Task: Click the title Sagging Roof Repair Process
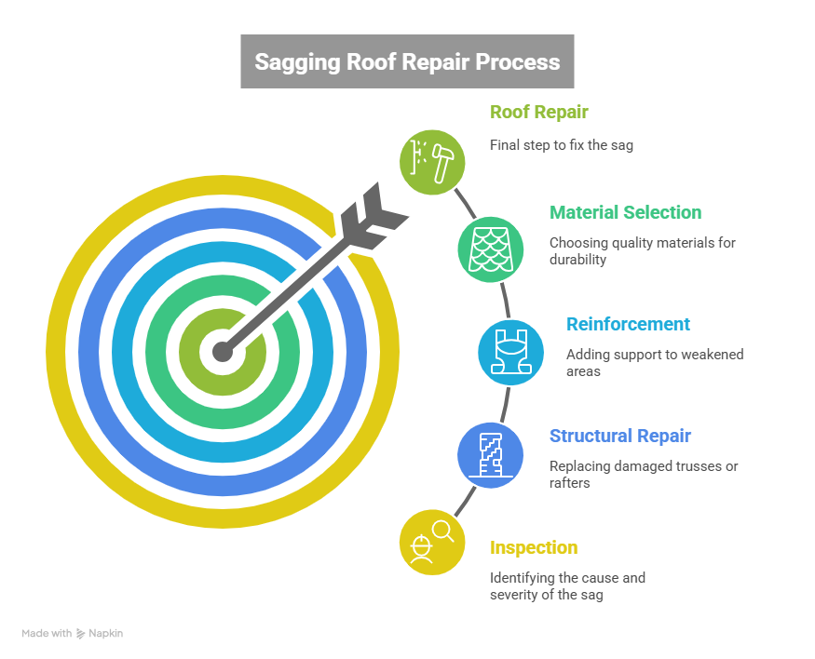tap(407, 62)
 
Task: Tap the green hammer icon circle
tap(432, 162)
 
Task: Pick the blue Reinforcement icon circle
tap(510, 352)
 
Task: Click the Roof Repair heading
tap(538, 113)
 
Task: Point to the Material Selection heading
tap(625, 213)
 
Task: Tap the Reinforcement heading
tap(628, 325)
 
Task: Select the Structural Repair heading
tap(620, 437)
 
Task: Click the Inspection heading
tap(534, 548)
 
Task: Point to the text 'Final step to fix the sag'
tap(561, 145)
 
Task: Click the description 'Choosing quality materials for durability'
tap(641, 251)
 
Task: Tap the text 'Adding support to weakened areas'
tap(654, 363)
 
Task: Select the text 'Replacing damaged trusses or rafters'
tap(643, 475)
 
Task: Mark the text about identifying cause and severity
tap(567, 586)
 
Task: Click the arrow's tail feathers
tap(373, 213)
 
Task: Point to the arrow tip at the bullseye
tap(222, 352)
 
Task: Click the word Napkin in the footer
tap(106, 634)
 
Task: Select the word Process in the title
tap(519, 62)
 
